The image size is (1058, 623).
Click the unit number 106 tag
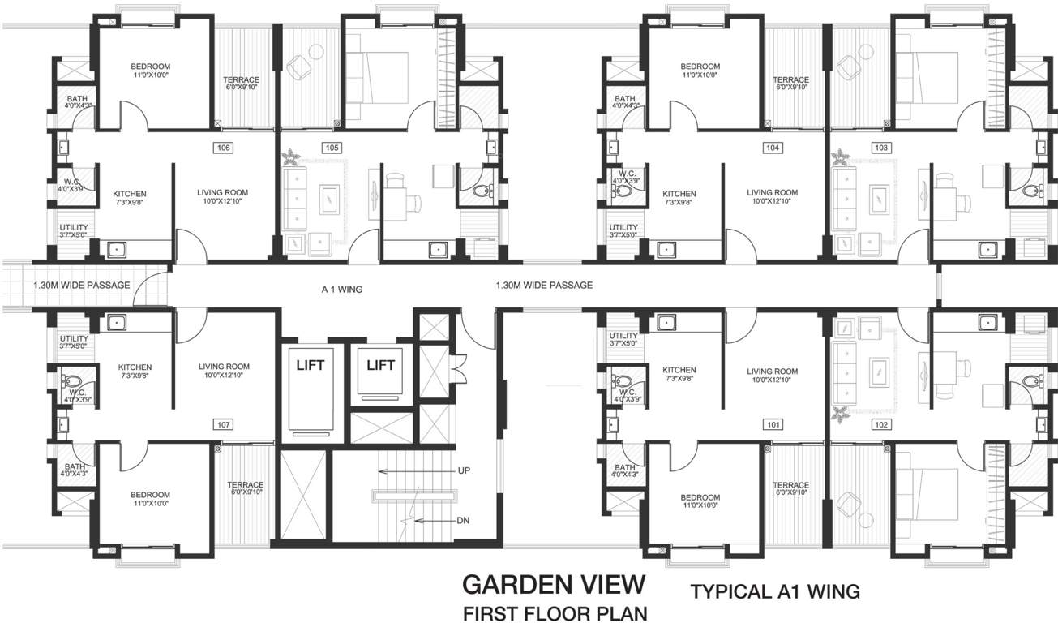pos(224,148)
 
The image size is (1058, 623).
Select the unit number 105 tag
pos(331,148)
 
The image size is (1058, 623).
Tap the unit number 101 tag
pos(773,424)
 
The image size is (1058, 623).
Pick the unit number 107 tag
pos(224,424)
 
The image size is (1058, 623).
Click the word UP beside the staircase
pos(464,470)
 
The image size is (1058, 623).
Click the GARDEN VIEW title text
pos(554,585)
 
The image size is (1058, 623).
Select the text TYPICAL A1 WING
pos(774,592)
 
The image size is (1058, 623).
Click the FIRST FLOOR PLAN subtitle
pos(555,612)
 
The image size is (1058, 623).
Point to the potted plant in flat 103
pos(842,156)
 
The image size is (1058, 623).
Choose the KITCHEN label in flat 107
pos(135,367)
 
